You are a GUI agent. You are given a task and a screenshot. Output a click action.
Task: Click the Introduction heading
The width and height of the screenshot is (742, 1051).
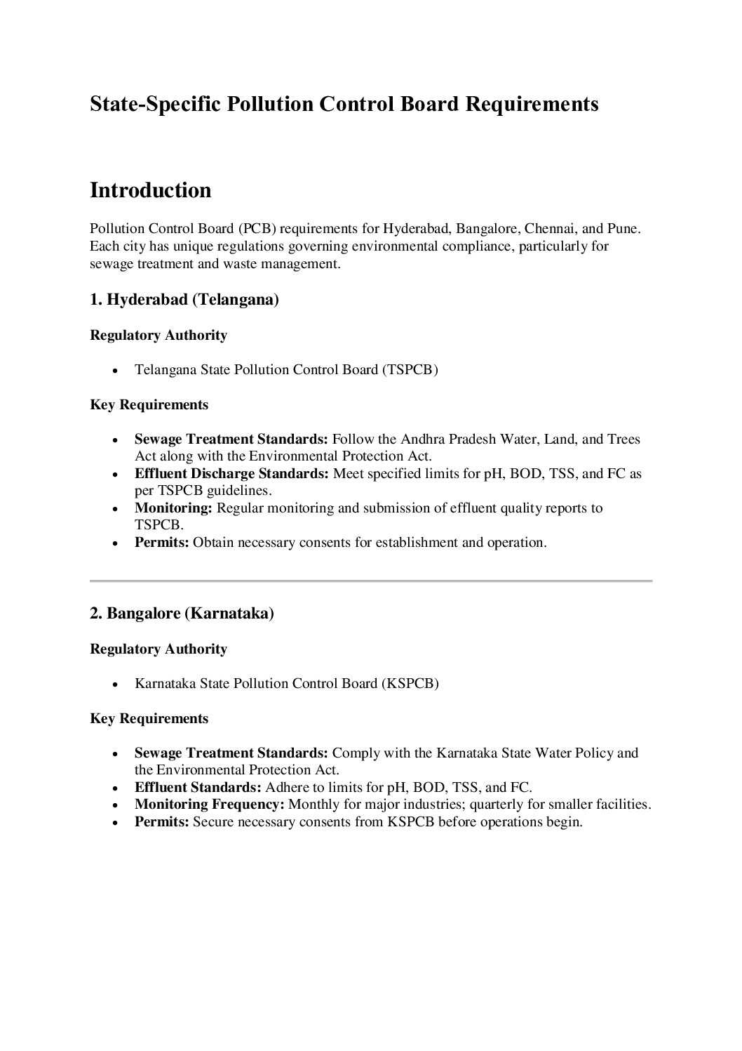pyautogui.click(x=151, y=190)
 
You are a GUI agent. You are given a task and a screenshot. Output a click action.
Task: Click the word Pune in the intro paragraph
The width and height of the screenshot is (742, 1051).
pyautogui.click(x=624, y=229)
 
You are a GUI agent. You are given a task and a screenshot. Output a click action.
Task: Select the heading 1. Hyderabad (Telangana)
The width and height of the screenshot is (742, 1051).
pyautogui.click(x=184, y=300)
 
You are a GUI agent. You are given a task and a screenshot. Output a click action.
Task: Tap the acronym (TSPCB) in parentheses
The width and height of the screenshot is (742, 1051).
pyautogui.click(x=410, y=369)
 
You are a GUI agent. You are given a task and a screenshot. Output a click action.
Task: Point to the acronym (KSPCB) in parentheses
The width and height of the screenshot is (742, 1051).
pyautogui.click(x=410, y=683)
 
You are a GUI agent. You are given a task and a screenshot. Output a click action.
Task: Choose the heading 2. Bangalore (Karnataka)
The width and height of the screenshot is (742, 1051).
pyautogui.click(x=182, y=613)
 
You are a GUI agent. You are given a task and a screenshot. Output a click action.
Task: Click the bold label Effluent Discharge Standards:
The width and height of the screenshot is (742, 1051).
pyautogui.click(x=231, y=474)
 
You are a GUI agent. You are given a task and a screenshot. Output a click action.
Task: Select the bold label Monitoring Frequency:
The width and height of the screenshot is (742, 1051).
pyautogui.click(x=209, y=805)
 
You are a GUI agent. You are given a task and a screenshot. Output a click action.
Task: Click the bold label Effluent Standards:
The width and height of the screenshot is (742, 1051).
pyautogui.click(x=198, y=787)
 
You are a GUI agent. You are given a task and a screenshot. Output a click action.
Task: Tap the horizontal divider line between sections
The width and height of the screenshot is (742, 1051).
pyautogui.click(x=371, y=581)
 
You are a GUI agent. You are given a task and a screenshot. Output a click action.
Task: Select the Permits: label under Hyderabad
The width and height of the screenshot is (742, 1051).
pyautogui.click(x=161, y=543)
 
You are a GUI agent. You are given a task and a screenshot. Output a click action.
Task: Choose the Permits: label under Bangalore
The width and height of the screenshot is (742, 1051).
pyautogui.click(x=161, y=821)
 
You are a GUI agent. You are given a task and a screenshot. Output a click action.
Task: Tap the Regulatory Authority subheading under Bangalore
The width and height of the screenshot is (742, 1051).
pyautogui.click(x=158, y=649)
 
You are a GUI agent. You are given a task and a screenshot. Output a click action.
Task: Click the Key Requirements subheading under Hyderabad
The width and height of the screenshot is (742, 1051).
pyautogui.click(x=149, y=405)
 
